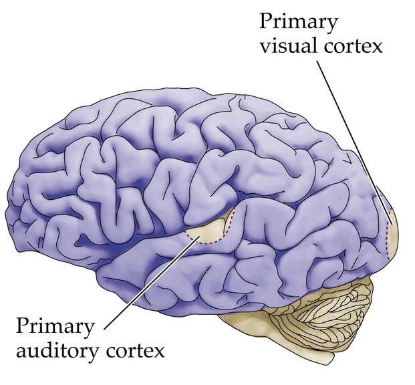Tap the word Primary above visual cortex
point(299,21)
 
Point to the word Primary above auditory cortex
point(55,327)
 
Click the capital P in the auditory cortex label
point(21,326)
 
